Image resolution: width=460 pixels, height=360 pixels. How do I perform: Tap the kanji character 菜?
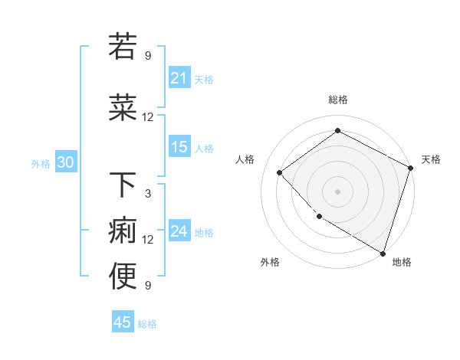(x=123, y=108)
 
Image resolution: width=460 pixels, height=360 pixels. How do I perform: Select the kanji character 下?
(x=123, y=185)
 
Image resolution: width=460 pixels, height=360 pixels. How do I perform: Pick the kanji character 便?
(x=123, y=277)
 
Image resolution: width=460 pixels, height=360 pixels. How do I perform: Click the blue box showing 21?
(x=179, y=78)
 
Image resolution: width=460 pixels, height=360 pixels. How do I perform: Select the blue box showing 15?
(x=179, y=147)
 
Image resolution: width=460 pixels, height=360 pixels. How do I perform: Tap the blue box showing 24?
(x=179, y=231)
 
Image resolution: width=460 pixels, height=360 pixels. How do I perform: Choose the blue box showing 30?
(x=65, y=162)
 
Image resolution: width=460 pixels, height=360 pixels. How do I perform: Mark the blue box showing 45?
(x=123, y=322)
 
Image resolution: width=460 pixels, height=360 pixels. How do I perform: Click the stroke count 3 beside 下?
(x=148, y=194)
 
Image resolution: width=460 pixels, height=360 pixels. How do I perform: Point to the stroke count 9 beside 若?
(x=148, y=55)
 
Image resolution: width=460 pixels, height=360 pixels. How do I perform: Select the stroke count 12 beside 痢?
(x=148, y=240)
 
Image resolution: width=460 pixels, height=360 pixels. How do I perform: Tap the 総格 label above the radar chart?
(x=337, y=100)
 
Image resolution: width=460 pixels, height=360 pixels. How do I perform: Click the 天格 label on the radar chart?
(x=432, y=159)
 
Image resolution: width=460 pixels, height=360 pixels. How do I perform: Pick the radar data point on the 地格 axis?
(x=383, y=253)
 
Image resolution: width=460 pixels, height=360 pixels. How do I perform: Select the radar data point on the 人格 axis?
(x=280, y=172)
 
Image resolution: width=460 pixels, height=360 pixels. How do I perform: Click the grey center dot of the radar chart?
(x=337, y=191)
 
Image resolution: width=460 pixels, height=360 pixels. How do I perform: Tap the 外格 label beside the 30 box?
(x=41, y=163)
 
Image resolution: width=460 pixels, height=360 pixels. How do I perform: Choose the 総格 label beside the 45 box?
(x=147, y=324)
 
